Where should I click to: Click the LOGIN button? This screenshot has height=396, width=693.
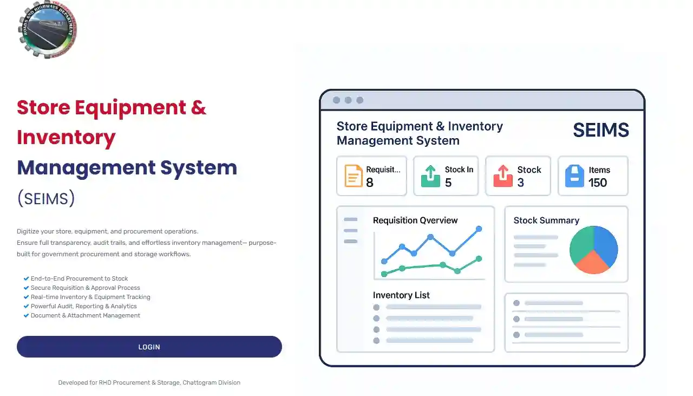click(x=149, y=347)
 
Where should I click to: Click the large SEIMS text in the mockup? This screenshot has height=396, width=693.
click(x=600, y=130)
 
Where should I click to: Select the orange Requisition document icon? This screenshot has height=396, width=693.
click(x=354, y=176)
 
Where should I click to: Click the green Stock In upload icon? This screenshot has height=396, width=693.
click(x=430, y=176)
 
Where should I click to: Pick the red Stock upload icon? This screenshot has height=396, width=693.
click(x=503, y=176)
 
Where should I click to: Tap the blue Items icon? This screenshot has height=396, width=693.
click(x=574, y=176)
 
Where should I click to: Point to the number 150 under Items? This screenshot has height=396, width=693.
click(x=598, y=183)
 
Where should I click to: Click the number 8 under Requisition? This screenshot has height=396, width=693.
click(x=370, y=183)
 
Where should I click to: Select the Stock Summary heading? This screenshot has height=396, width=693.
click(x=546, y=220)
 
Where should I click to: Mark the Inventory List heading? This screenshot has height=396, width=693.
click(x=401, y=295)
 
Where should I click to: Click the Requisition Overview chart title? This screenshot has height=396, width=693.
click(x=415, y=220)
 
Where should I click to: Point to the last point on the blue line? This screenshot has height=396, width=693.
click(x=479, y=229)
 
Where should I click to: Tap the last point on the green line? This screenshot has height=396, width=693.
click(x=479, y=259)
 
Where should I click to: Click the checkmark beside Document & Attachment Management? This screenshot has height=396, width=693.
click(x=26, y=315)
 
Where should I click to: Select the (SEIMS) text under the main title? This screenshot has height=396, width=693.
click(x=46, y=199)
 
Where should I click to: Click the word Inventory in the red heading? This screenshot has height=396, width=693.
click(x=66, y=138)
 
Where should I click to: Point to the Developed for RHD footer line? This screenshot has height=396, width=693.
click(x=149, y=382)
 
